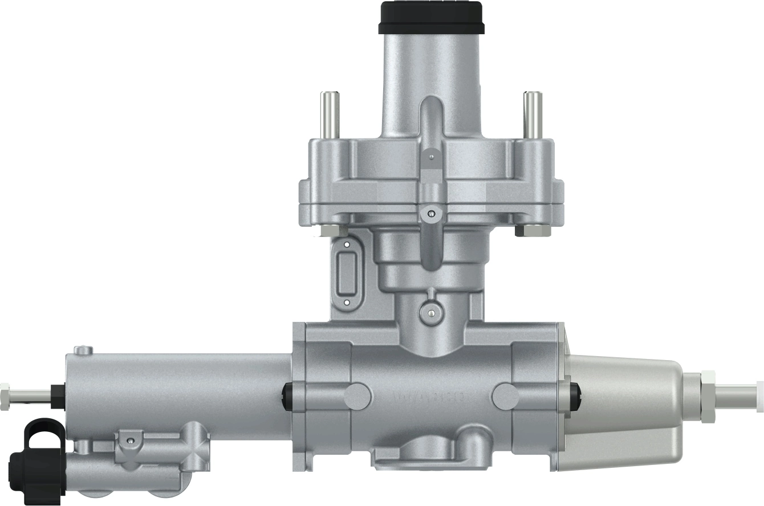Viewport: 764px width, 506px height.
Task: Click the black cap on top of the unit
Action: point(431,17)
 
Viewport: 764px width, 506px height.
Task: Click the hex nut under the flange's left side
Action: point(330,230)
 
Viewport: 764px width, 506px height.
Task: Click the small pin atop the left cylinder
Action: point(84,349)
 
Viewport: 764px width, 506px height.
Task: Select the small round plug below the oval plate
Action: point(431,312)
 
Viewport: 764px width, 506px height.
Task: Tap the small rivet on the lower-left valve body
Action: point(131,440)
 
